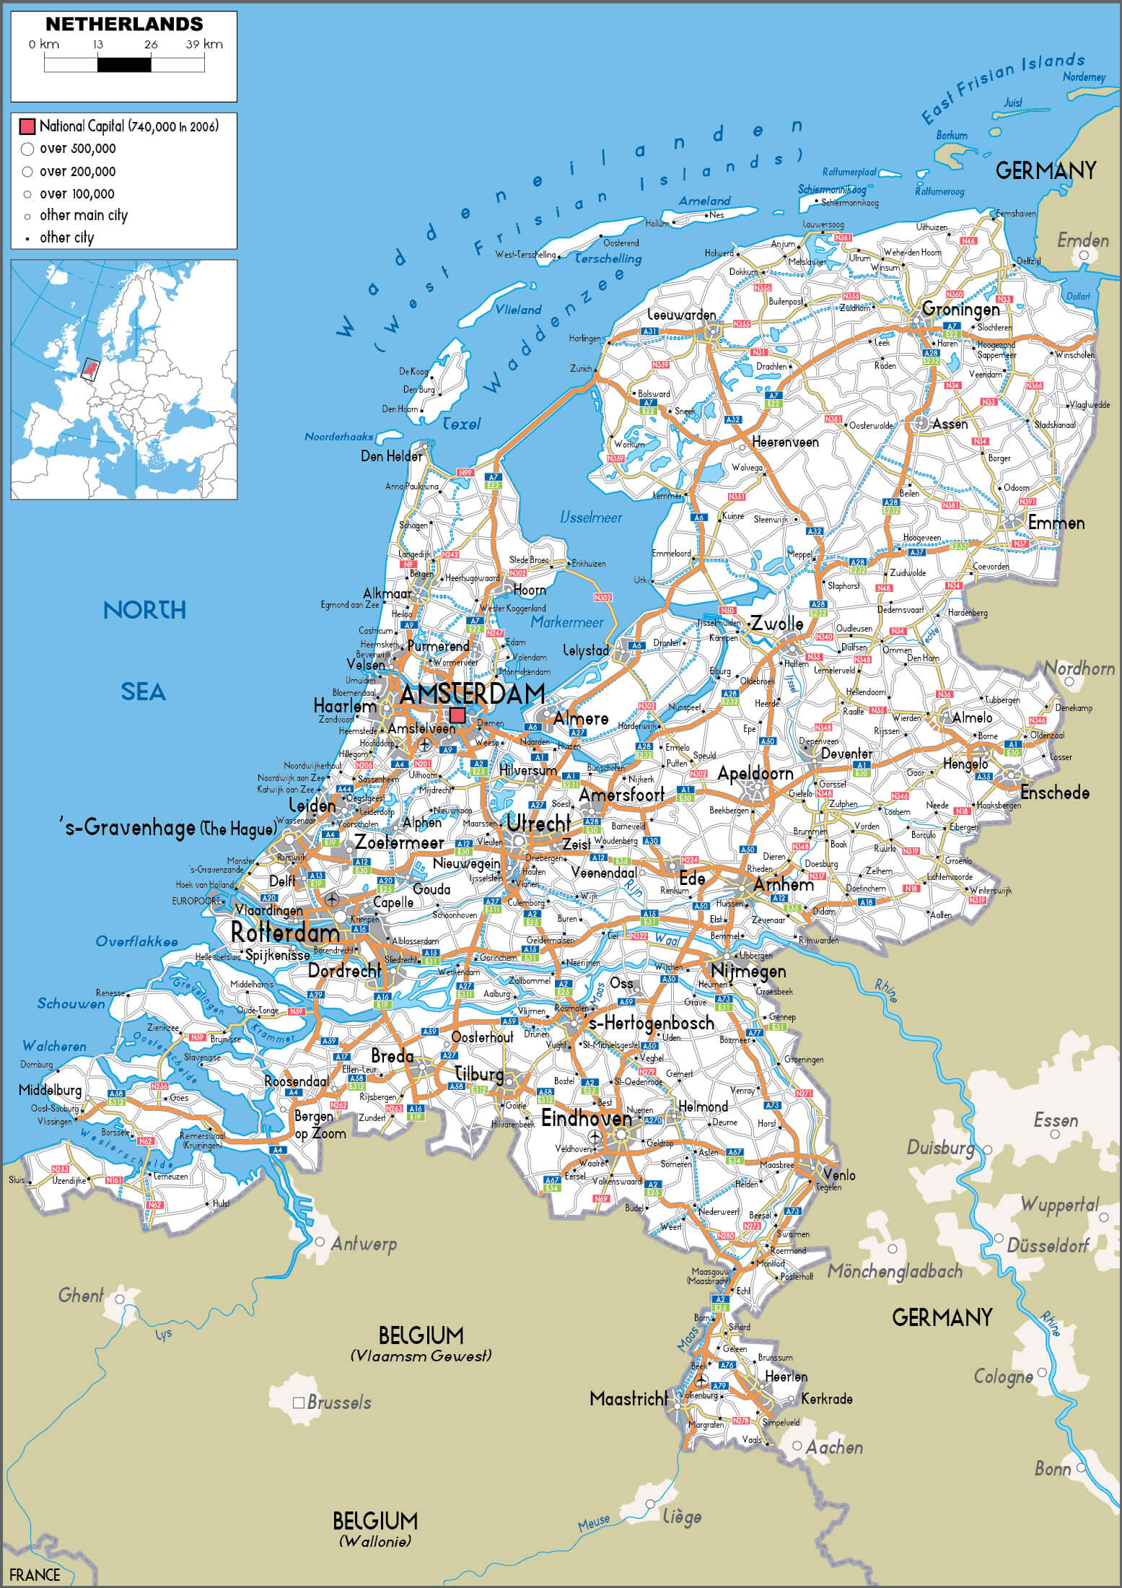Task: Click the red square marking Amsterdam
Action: coord(457,715)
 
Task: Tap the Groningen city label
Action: coord(960,310)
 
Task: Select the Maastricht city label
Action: coord(628,1398)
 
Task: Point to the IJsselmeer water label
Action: coord(590,517)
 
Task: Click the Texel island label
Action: coord(461,424)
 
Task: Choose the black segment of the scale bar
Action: coord(124,65)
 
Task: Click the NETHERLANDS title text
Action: coord(124,24)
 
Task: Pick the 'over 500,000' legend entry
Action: coord(77,149)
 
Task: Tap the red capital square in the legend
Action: coord(27,127)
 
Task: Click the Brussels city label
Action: coord(338,1402)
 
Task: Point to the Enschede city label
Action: coord(1054,793)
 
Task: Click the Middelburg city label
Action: coord(50,1089)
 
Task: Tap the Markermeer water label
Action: coord(567,621)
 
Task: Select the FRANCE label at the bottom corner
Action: coord(35,1574)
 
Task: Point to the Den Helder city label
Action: coord(391,456)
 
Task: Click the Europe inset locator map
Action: coord(124,380)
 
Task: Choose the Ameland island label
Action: coord(704,201)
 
